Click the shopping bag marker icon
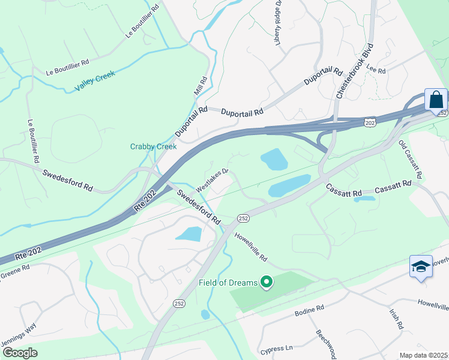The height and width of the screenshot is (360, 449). (436, 99)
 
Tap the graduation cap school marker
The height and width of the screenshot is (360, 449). (421, 266)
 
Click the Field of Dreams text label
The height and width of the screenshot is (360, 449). (228, 283)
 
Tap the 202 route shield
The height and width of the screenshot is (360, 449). (369, 122)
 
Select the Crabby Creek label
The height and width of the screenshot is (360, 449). (154, 146)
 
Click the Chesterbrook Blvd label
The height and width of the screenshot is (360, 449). (355, 71)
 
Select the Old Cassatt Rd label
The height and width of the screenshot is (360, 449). (411, 161)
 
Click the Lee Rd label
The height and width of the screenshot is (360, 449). (376, 70)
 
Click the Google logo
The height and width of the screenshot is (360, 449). (20, 353)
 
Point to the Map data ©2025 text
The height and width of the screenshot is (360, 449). (423, 355)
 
